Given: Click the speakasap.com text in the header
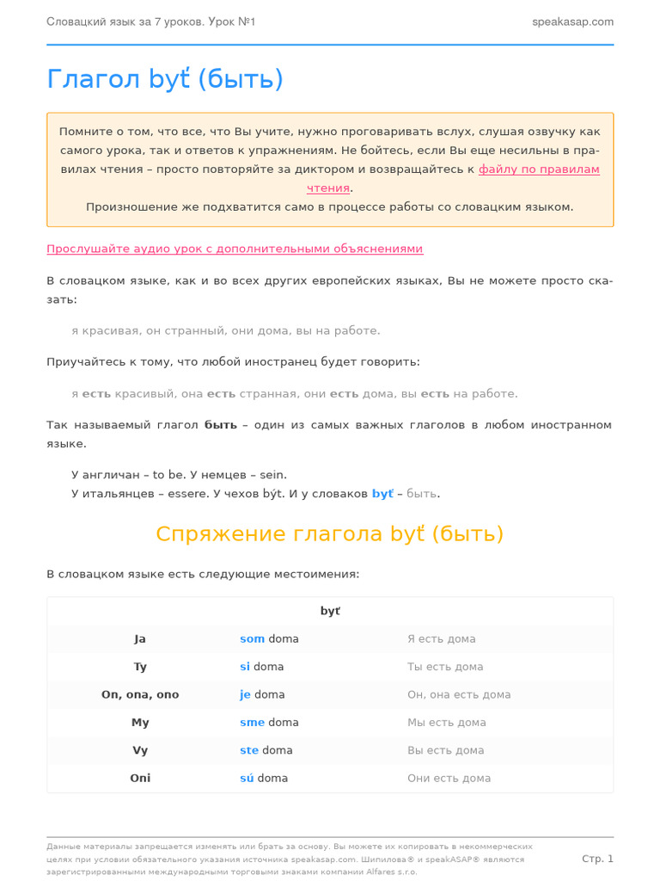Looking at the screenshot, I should coord(572,22).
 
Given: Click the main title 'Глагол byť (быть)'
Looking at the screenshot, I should coord(165,79).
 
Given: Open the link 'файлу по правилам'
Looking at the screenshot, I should coord(539,169).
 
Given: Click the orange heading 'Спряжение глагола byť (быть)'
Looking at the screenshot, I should coord(330,533).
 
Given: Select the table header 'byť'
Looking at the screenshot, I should coord(330,611).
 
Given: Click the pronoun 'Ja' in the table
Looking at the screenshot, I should coord(140,639).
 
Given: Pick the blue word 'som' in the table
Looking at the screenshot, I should coord(252,639).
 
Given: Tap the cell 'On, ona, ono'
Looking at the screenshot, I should coord(140,694).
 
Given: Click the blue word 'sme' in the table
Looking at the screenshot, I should coord(252,723).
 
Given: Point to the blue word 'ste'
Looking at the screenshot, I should coord(249,750).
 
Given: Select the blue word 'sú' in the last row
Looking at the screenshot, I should coord(247,778).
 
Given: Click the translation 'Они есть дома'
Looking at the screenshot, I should coord(449,778).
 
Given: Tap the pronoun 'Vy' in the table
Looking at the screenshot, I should coord(140,750).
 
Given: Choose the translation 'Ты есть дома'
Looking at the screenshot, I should coord(445,667).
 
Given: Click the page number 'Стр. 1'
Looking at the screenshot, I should coord(597,859).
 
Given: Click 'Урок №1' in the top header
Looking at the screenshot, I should coord(231,22).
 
